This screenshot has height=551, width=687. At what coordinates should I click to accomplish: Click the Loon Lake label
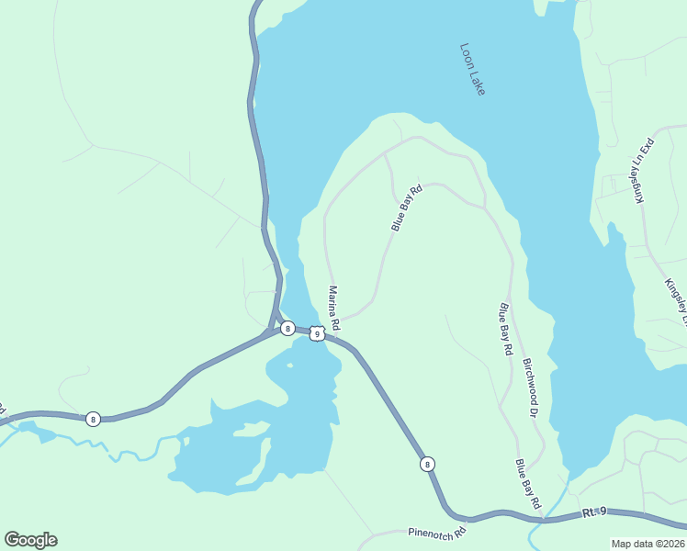pos(472,69)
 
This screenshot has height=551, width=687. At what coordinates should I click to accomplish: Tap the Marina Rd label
pos(334,308)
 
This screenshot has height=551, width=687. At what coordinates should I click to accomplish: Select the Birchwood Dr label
pos(530,387)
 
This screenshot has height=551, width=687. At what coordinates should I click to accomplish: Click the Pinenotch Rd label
pos(437,532)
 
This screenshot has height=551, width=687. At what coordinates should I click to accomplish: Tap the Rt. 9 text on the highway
pos(595,512)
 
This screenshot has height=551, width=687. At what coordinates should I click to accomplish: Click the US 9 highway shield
pos(316,334)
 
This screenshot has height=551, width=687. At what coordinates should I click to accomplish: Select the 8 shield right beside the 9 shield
pos(287,328)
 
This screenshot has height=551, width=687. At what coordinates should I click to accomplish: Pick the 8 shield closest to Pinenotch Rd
pos(428,465)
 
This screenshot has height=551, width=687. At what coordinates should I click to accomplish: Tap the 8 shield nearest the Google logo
pos(93,420)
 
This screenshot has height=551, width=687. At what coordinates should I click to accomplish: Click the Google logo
pos(30,540)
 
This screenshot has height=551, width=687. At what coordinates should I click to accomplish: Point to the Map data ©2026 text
pos(648,544)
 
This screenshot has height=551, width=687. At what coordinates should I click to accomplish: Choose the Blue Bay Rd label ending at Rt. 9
pos(528,484)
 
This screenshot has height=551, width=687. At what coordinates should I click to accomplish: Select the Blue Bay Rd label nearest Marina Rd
pos(406,208)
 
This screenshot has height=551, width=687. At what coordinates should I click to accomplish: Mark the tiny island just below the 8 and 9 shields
pos(289,365)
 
